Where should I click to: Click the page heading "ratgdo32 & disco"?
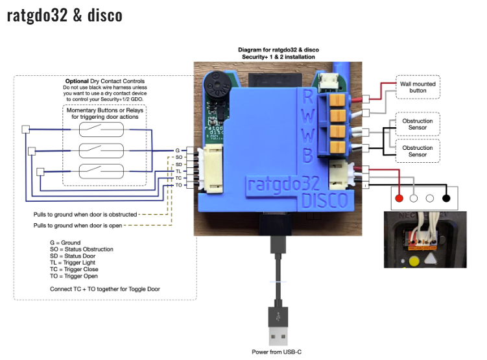(64, 15)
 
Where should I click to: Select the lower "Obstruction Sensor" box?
(417, 151)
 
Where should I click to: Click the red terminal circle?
(399, 198)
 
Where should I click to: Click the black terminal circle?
(446, 198)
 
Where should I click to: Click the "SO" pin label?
(178, 158)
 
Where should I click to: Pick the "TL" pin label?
(178, 171)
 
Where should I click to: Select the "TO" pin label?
(178, 185)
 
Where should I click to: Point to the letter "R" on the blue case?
(308, 99)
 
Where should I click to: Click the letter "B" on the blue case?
(309, 155)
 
